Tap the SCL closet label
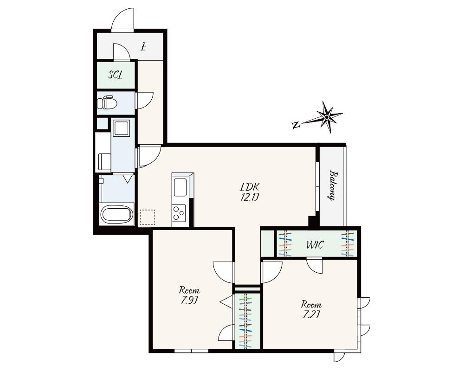click(116, 75)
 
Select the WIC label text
click(316, 245)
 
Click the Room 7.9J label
click(189, 295)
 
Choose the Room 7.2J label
click(311, 309)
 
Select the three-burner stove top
click(179, 213)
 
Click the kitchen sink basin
click(180, 187)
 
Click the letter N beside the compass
click(296, 125)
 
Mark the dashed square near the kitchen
click(147, 217)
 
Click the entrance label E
click(144, 47)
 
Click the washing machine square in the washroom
click(122, 128)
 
